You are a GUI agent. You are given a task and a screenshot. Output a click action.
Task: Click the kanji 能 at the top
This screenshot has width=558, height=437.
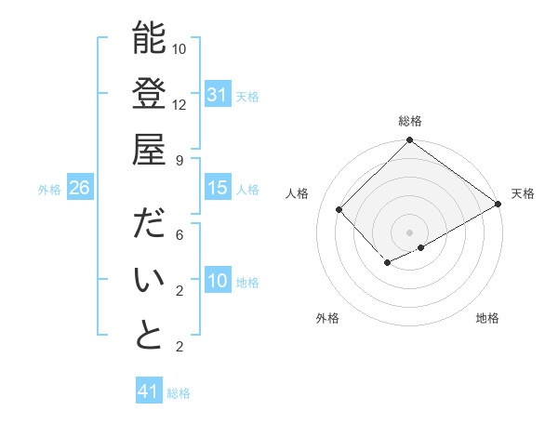click(149, 38)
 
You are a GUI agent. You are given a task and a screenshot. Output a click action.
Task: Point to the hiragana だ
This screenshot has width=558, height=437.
click(149, 224)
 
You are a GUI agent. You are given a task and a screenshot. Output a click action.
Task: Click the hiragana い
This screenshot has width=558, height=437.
click(149, 280)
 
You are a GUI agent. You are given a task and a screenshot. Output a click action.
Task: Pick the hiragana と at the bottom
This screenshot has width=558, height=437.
click(149, 336)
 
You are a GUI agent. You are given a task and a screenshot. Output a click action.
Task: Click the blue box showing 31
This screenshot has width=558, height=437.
click(218, 95)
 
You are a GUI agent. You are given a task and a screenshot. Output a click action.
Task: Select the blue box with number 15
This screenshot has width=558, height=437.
click(218, 188)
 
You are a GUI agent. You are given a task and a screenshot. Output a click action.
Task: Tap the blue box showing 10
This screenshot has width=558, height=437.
click(218, 281)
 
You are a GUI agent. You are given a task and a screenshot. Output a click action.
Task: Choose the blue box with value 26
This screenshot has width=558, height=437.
click(80, 188)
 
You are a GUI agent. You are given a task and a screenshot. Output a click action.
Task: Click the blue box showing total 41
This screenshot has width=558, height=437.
click(149, 391)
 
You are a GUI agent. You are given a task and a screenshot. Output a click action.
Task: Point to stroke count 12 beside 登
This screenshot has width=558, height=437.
click(179, 104)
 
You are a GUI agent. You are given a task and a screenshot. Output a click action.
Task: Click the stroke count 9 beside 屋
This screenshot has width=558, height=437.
click(179, 160)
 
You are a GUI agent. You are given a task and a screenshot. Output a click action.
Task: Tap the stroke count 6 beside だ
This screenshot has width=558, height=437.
click(179, 234)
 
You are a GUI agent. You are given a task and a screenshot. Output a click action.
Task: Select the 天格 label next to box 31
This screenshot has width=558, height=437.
click(247, 96)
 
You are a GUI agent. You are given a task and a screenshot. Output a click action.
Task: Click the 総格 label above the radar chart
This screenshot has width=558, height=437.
click(410, 121)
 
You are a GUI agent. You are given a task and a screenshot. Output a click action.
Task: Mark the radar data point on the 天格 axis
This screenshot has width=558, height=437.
click(498, 204)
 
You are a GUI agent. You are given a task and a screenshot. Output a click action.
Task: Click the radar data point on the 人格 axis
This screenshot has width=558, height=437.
click(339, 210)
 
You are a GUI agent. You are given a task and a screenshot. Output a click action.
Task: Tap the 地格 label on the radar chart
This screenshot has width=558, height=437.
click(487, 318)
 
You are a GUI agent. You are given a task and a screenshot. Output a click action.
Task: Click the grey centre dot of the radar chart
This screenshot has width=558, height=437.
click(409, 232)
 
